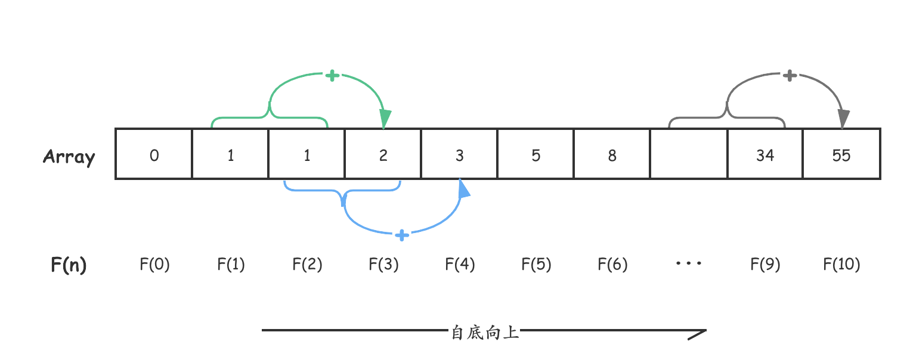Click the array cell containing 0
pos(154,154)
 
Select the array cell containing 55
pos(841,154)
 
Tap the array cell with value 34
pos(765,154)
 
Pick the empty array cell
pos(689,154)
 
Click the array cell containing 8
pos(612,154)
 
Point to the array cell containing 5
pos(536,154)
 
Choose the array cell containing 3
pos(460,154)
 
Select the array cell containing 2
pos(383,154)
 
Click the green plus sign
pos(332,76)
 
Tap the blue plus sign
pos(403,235)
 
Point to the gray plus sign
pos(790,76)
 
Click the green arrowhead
pos(385,119)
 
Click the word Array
pos(69,157)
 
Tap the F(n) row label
pos(69,264)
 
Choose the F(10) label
pos(841,264)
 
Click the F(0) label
pos(154,264)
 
